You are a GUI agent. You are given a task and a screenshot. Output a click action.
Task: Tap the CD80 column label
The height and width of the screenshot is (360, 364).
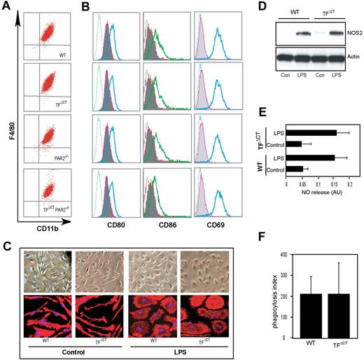point(115,208)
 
